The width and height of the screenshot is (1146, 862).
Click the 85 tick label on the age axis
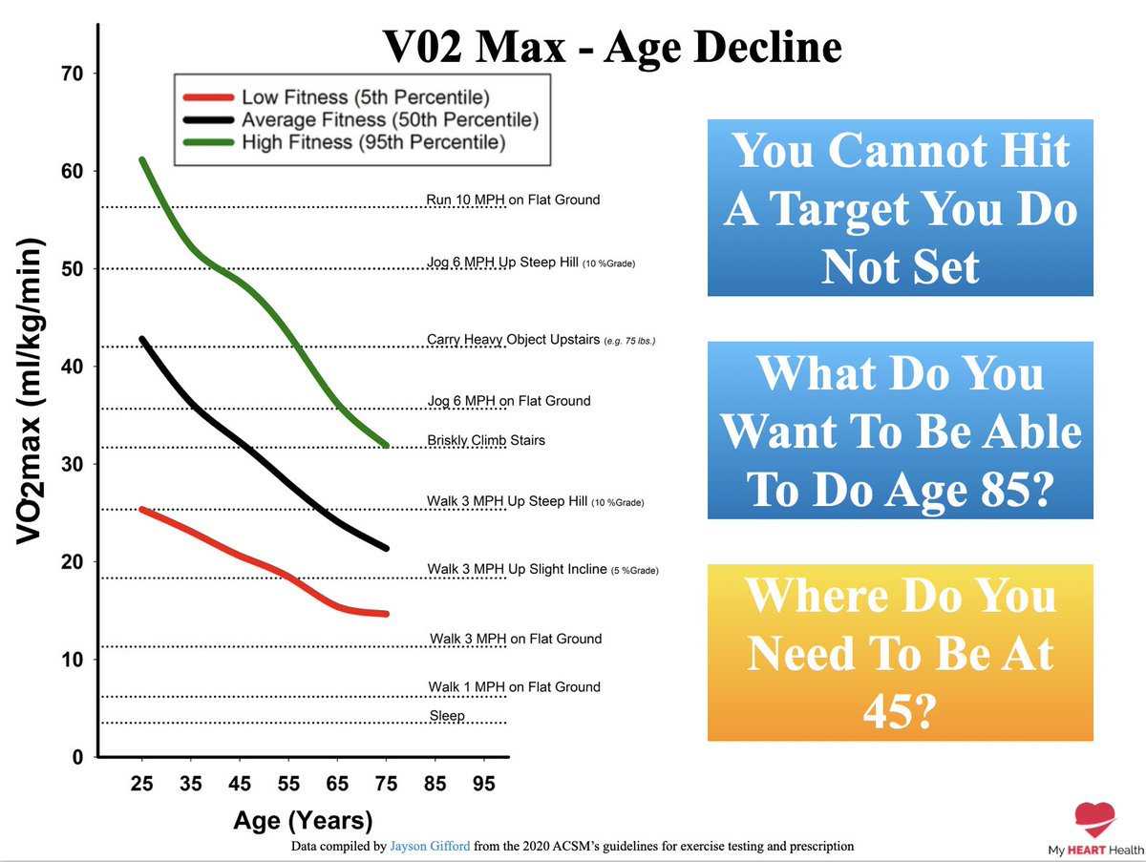435,784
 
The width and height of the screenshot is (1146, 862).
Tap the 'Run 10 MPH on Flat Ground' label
513,200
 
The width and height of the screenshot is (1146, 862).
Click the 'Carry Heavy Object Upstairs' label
514,339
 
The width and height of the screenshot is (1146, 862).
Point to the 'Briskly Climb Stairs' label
486,441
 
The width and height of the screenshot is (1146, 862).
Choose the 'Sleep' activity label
446,715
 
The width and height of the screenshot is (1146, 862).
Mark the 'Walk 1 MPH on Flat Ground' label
514,686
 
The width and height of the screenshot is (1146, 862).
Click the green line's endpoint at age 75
385,445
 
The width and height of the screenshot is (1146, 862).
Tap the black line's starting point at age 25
142,339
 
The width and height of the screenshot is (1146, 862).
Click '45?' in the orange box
900,711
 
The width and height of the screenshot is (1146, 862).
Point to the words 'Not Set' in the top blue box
900,265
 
